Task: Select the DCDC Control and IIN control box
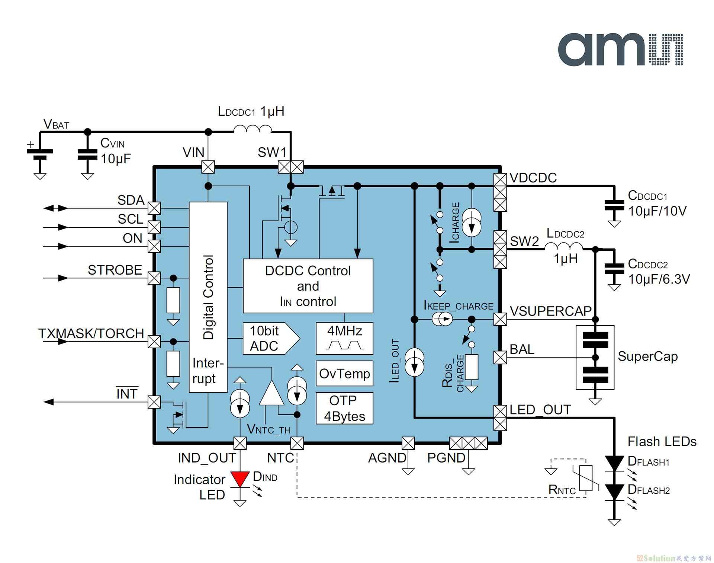click(308, 286)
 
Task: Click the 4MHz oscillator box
click(344, 338)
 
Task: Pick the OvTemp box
click(344, 373)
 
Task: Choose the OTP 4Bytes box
click(344, 408)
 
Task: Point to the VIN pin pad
click(208, 167)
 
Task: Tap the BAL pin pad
click(500, 358)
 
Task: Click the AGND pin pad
click(408, 443)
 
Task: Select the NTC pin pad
click(297, 443)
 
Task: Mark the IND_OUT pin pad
click(240, 443)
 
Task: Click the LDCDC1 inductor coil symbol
click(253, 129)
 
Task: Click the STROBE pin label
click(115, 270)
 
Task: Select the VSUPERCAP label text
click(551, 311)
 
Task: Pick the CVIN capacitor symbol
click(87, 155)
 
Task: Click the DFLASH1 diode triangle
click(614, 464)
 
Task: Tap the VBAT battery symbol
click(40, 154)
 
